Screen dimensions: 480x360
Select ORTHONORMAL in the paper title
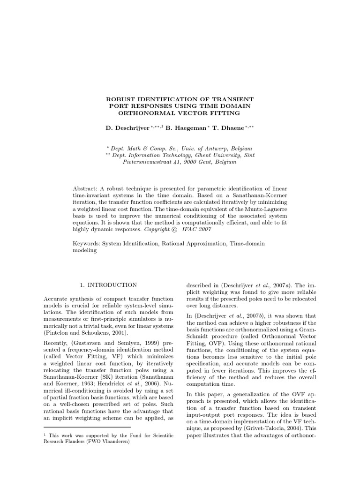[150, 113]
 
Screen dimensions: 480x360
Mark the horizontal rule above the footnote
[87, 427]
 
